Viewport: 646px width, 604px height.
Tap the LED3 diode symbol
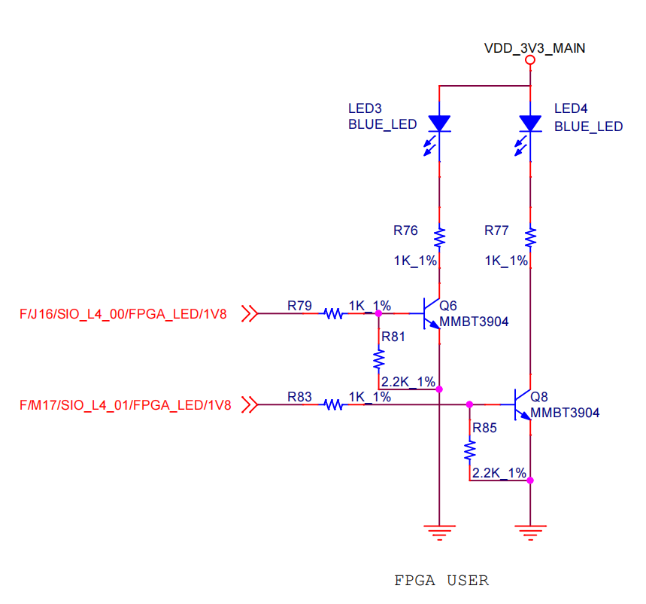[439, 123]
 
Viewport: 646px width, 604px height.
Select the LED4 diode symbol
[531, 123]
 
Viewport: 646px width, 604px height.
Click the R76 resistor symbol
[439, 238]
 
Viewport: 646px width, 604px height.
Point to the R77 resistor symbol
[531, 238]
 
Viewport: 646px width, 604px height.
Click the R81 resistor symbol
[378, 355]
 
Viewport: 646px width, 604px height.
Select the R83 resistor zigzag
[332, 405]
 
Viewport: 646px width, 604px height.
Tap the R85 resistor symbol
[470, 450]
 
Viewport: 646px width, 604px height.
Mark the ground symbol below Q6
[439, 532]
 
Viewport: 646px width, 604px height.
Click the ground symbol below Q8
[531, 532]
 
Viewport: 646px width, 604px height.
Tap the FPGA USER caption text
[441, 581]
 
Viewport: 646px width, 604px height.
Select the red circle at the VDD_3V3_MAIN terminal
[531, 59]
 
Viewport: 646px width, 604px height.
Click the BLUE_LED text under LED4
[588, 127]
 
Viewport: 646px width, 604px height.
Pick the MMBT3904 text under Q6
[474, 322]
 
